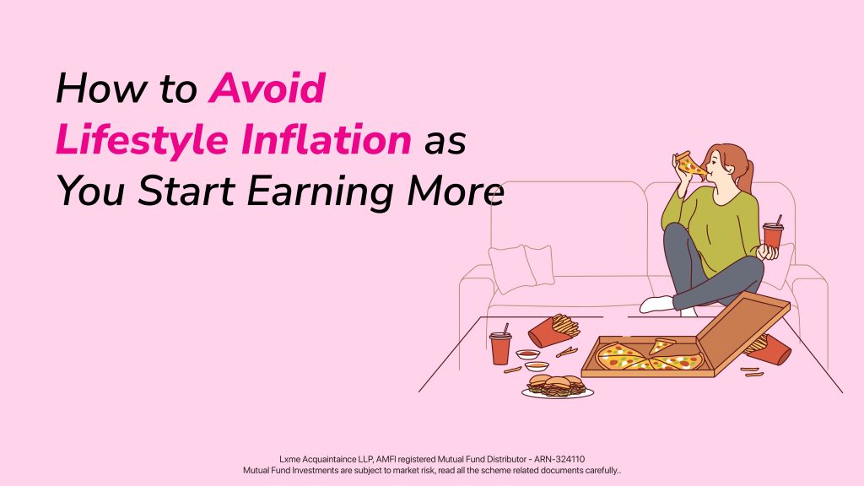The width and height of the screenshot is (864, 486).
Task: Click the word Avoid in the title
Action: pyautogui.click(x=267, y=88)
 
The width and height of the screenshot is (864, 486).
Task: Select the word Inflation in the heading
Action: pyautogui.click(x=327, y=139)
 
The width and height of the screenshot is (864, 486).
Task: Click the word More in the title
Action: pyautogui.click(x=456, y=192)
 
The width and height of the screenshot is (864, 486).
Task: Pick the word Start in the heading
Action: pyautogui.click(x=186, y=192)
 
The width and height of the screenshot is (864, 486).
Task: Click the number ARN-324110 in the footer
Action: pyautogui.click(x=559, y=459)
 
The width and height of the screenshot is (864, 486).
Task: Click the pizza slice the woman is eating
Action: pyautogui.click(x=690, y=165)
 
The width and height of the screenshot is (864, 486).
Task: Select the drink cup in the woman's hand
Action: pyautogui.click(x=773, y=235)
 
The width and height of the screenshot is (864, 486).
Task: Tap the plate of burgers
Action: pyautogui.click(x=558, y=386)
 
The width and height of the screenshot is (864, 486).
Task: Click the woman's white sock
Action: pyautogui.click(x=657, y=305)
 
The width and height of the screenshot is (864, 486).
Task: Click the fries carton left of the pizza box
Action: pyautogui.click(x=553, y=330)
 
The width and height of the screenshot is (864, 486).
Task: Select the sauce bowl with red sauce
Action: pyautogui.click(x=527, y=354)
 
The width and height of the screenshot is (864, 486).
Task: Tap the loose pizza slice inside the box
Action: pyautogui.click(x=662, y=345)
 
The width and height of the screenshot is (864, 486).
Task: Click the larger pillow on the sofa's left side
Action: pyautogui.click(x=512, y=269)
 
